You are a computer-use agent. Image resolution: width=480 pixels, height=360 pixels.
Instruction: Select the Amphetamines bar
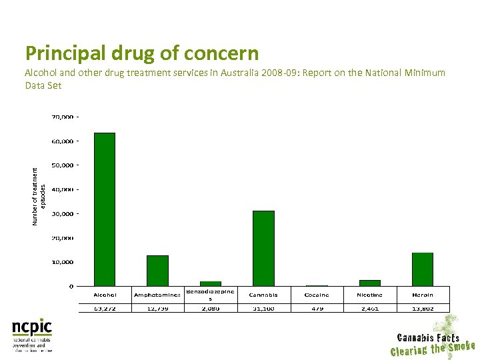click(x=157, y=271)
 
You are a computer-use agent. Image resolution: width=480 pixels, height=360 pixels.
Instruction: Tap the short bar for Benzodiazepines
click(x=211, y=283)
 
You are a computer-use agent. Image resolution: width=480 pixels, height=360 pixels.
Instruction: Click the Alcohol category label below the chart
click(x=105, y=295)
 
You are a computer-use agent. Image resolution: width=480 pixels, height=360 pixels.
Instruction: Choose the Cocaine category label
click(x=317, y=295)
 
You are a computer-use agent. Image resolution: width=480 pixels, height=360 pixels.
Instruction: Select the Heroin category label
click(x=423, y=295)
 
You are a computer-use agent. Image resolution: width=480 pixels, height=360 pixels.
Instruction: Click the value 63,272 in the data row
click(x=105, y=308)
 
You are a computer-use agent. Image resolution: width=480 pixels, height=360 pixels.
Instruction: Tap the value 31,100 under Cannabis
click(x=263, y=308)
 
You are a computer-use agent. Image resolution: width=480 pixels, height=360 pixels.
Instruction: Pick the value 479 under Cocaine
click(x=317, y=308)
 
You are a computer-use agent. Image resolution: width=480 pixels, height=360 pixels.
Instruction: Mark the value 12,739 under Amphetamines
click(x=157, y=308)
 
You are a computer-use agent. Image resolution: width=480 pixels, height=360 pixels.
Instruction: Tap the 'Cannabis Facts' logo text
click(x=428, y=337)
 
